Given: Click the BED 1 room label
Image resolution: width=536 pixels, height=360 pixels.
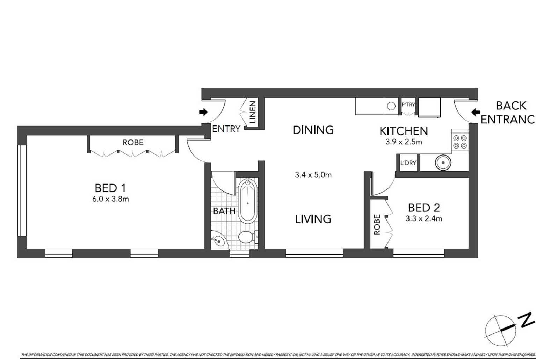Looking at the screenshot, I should pos(110,188).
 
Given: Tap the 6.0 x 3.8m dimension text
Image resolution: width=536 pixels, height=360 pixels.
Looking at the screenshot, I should pos(110,199).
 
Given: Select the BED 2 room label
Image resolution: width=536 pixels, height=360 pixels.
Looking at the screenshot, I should pos(423,208).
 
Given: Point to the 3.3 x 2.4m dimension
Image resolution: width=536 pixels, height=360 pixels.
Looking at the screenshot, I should pos(423,219).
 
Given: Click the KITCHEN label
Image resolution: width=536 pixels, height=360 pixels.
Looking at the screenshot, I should pos(404,131).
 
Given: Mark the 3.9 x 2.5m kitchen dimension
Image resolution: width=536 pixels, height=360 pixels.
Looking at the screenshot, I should pos(404,142).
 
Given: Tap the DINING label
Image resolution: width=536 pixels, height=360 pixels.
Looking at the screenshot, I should pos(313,130).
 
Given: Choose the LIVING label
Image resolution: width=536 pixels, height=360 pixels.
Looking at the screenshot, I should pos(313,219).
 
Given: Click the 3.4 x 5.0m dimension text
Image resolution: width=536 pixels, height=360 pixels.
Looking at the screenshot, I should pos(313,175).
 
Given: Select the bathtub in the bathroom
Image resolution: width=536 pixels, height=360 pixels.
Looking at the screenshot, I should pos(248,201).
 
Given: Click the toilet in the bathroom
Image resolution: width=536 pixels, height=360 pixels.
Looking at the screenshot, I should pos(247,237).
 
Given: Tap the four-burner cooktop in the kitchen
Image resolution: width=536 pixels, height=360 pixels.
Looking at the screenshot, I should pos(460,142).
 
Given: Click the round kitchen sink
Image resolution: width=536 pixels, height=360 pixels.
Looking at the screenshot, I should pos(443,163).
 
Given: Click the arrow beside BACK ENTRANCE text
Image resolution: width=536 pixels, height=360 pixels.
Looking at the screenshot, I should pos(475,112).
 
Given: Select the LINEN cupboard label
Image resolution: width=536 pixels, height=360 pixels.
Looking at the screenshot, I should pos(252,112).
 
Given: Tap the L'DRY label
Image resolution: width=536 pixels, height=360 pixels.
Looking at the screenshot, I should pos(408,163).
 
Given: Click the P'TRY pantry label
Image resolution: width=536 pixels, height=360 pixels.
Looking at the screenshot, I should pos(408,105).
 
